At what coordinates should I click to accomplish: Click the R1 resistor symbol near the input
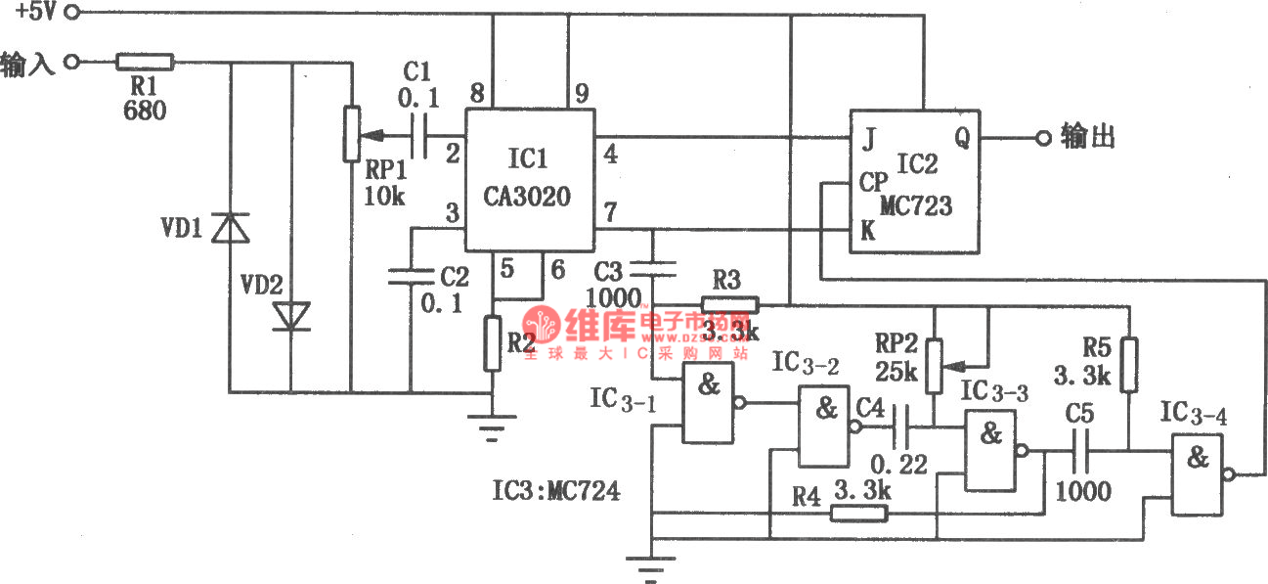(x=145, y=63)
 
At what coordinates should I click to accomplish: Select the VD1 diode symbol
(x=231, y=227)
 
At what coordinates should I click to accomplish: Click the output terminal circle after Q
(x=1042, y=139)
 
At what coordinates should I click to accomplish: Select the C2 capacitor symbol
(x=411, y=277)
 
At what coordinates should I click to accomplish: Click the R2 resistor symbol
(x=493, y=343)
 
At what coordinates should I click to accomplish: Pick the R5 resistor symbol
(x=1128, y=365)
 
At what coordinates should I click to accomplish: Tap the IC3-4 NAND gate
(x=1198, y=475)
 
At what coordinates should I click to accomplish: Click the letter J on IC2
(x=867, y=138)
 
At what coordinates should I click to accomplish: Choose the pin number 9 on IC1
(x=581, y=94)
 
